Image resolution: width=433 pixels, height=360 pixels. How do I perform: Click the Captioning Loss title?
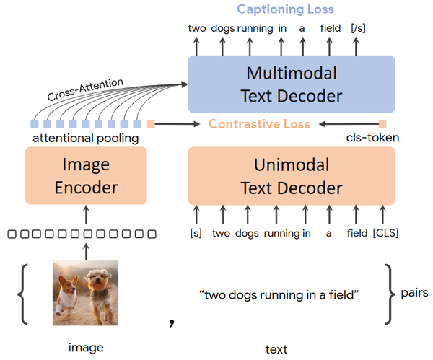click(x=286, y=9)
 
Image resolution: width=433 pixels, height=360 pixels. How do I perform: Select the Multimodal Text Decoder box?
click(x=292, y=84)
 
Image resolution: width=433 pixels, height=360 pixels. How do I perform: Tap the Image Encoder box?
click(x=86, y=175)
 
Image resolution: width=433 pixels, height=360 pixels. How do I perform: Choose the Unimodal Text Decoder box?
click(x=292, y=176)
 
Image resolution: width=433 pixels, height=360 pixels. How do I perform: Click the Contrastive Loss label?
click(x=259, y=124)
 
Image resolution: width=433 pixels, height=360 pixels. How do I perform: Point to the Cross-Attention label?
click(x=85, y=89)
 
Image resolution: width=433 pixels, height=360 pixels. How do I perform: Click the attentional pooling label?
click(x=86, y=138)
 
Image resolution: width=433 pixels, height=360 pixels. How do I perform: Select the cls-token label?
click(x=372, y=138)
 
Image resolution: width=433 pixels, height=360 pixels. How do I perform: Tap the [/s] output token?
click(x=358, y=28)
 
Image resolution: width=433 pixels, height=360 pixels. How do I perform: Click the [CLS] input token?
click(x=385, y=233)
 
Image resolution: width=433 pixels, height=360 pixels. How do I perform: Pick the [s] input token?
click(x=196, y=233)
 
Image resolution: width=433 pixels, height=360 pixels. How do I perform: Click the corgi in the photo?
click(x=67, y=294)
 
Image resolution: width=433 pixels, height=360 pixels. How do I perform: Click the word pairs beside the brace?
click(x=414, y=293)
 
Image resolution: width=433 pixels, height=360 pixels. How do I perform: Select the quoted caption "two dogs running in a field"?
click(x=279, y=295)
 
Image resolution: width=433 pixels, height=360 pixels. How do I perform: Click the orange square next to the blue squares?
click(x=151, y=124)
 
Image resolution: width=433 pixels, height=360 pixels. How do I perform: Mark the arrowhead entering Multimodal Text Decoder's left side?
click(x=185, y=84)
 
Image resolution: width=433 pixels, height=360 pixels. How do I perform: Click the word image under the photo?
click(x=86, y=348)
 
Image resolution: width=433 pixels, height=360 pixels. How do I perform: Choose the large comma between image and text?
click(x=172, y=322)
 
